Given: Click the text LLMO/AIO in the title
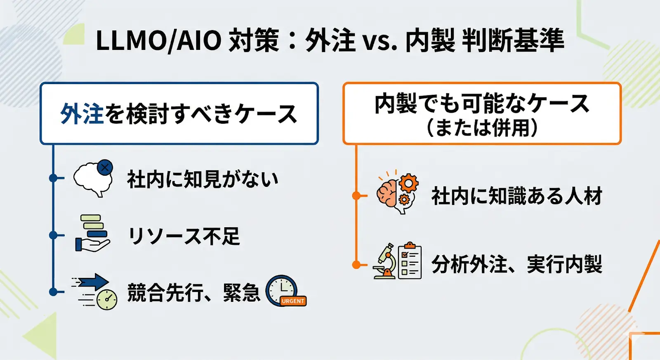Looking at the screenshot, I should tap(158, 40).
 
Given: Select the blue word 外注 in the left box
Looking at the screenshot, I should tap(81, 113).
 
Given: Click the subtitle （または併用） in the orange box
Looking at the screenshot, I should tap(482, 127).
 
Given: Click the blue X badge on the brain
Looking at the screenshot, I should tap(105, 167).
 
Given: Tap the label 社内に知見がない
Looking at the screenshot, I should tap(203, 179).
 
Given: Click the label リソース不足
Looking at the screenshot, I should tap(184, 236).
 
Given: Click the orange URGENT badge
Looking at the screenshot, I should tap(293, 301).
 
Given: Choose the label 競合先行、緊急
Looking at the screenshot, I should tap(193, 292).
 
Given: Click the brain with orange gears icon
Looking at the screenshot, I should tap(397, 192).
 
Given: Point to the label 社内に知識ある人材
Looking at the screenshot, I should tap(517, 196).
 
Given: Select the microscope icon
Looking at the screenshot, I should tap(385, 261).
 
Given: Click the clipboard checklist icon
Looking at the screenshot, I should tap(410, 261).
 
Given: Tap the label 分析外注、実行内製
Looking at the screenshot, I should tap(517, 264).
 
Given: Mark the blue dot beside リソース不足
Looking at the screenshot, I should tap(53, 235).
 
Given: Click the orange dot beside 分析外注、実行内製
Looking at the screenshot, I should tap(356, 265).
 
